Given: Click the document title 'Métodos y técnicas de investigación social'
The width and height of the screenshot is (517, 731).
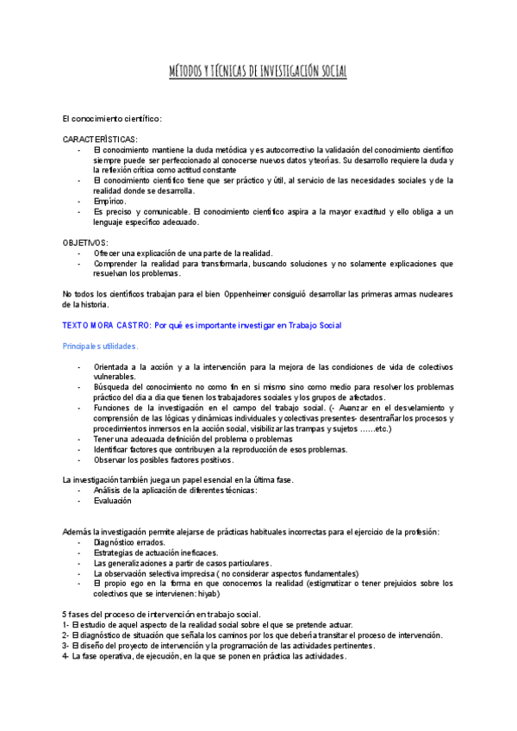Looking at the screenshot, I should [258, 72].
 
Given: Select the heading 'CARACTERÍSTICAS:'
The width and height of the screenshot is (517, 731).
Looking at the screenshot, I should [99, 139].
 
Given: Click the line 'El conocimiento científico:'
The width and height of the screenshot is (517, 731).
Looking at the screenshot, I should [112, 118].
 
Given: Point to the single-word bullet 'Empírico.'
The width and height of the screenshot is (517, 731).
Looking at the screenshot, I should [110, 201].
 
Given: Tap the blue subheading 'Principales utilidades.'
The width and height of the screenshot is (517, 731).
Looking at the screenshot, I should [100, 346].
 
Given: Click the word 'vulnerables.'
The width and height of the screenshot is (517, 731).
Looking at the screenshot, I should [115, 377].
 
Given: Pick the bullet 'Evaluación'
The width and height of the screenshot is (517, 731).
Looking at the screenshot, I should [112, 500].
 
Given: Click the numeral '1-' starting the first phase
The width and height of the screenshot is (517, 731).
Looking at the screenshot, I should [66, 624].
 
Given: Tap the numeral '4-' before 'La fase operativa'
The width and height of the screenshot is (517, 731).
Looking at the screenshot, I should [66, 655].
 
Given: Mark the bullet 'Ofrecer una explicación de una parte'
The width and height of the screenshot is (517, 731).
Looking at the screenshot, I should [183, 253].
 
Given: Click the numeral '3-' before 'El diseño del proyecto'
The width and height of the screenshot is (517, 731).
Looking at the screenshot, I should [66, 645].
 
